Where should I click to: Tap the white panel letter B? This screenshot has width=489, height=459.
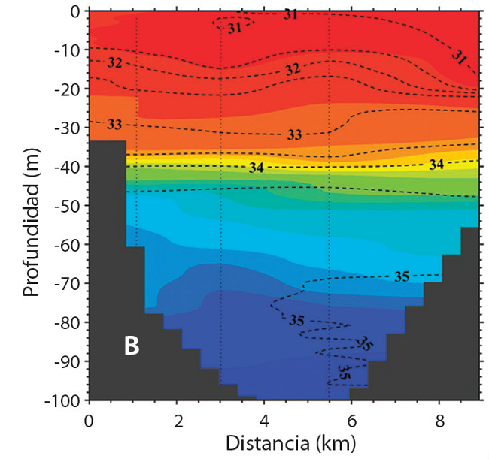point(131,347)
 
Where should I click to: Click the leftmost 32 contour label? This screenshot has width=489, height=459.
point(115,62)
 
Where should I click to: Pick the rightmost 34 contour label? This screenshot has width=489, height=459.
point(436,164)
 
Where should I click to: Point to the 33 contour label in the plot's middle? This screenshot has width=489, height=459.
point(294,135)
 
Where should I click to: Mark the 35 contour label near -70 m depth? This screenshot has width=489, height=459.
point(402,276)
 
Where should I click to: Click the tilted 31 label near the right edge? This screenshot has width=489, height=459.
point(460,57)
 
